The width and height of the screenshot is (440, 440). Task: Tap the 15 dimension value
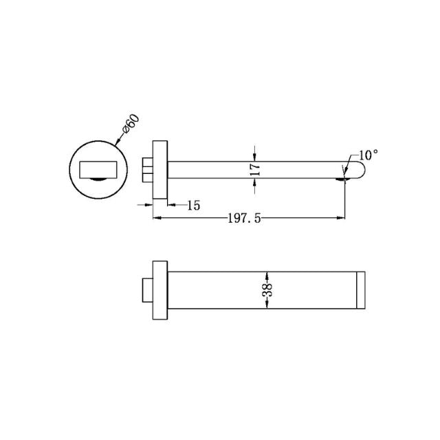192,205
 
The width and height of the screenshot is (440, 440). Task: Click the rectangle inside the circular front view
99,168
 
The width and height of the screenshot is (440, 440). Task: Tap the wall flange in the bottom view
159,289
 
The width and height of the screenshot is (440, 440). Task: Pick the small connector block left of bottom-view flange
146,289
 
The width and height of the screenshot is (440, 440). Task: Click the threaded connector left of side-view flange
147,169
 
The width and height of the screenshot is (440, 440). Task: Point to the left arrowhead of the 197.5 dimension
155,219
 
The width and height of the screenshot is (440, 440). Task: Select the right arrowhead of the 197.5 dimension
342,219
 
